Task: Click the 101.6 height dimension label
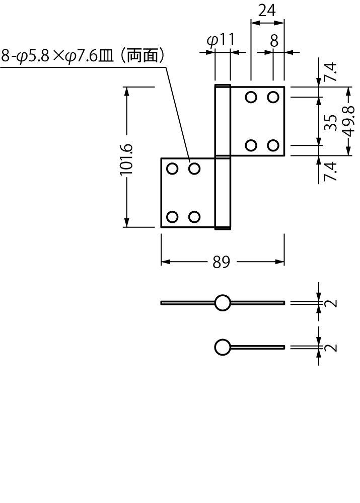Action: click(x=126, y=158)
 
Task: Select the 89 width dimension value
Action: click(x=221, y=262)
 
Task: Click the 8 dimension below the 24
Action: click(x=273, y=41)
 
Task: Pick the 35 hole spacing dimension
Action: click(x=330, y=122)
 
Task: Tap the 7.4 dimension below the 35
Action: click(x=330, y=171)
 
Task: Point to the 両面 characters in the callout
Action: click(x=142, y=55)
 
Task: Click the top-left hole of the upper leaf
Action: click(x=251, y=97)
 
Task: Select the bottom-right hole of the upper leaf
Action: click(x=273, y=146)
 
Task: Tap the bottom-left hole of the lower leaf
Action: click(x=172, y=217)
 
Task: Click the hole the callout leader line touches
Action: click(x=194, y=169)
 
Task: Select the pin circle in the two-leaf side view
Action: click(x=223, y=303)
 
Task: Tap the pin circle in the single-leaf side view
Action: click(x=223, y=348)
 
